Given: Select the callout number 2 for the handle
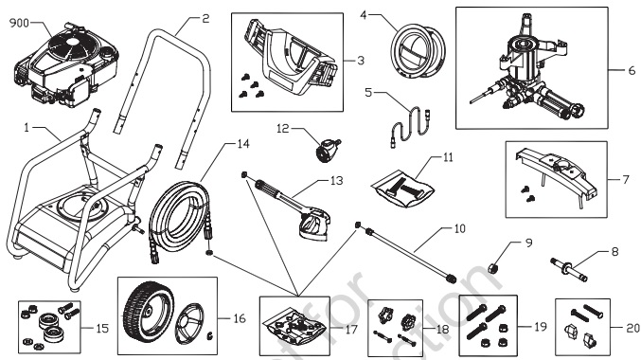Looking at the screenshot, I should pos(205,18).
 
